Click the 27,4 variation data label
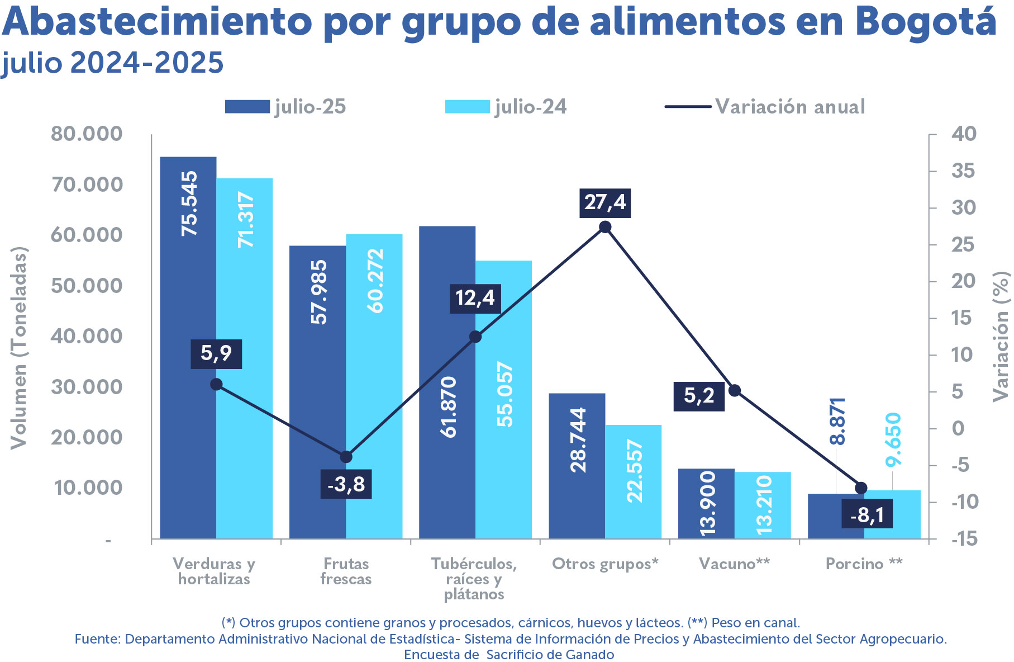click(605, 202)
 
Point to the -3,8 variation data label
click(346, 484)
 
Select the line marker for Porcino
click(861, 488)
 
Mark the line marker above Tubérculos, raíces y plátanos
click(475, 337)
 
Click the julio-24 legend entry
click(506, 107)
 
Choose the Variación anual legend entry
click(765, 107)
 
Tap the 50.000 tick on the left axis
click(87, 286)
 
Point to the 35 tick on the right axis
click(964, 171)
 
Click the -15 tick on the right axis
click(964, 539)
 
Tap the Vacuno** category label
click(734, 564)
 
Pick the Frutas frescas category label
click(346, 571)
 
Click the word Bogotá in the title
click(925, 22)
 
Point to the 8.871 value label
click(837, 421)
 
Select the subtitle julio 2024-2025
click(112, 63)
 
